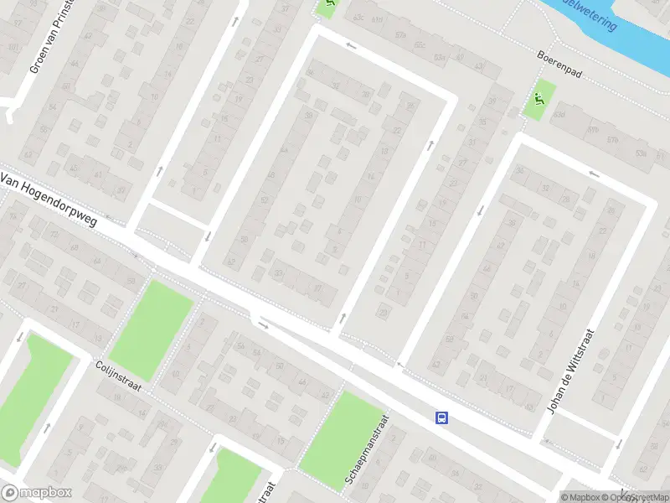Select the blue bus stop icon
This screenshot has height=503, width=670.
click(x=441, y=417)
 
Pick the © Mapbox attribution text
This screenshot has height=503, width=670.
click(x=580, y=497)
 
